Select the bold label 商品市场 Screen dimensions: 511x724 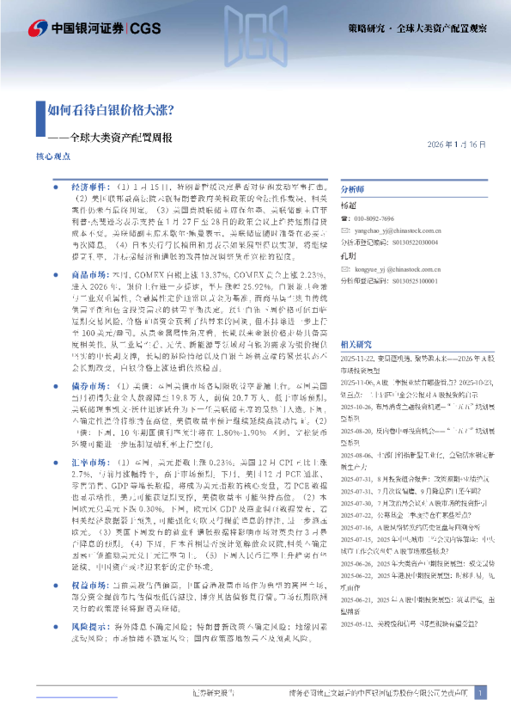tap(89, 270)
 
